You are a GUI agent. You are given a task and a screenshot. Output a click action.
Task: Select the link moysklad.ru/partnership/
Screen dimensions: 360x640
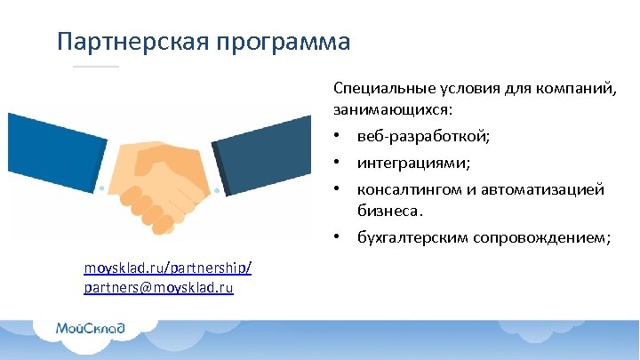point(168,268)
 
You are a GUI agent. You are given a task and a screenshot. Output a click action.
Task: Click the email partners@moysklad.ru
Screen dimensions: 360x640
point(159,288)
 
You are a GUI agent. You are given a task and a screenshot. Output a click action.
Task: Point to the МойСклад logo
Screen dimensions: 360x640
point(90,328)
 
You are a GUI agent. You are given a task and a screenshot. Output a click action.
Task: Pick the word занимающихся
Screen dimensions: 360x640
point(390,110)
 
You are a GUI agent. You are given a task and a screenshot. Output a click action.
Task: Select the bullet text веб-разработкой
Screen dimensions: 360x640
point(422,138)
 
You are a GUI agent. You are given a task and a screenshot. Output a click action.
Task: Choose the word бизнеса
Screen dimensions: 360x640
point(388,212)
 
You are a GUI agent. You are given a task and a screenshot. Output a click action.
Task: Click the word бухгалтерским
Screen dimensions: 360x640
point(413,237)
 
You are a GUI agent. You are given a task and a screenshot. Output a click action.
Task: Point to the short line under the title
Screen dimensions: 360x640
point(95,67)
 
